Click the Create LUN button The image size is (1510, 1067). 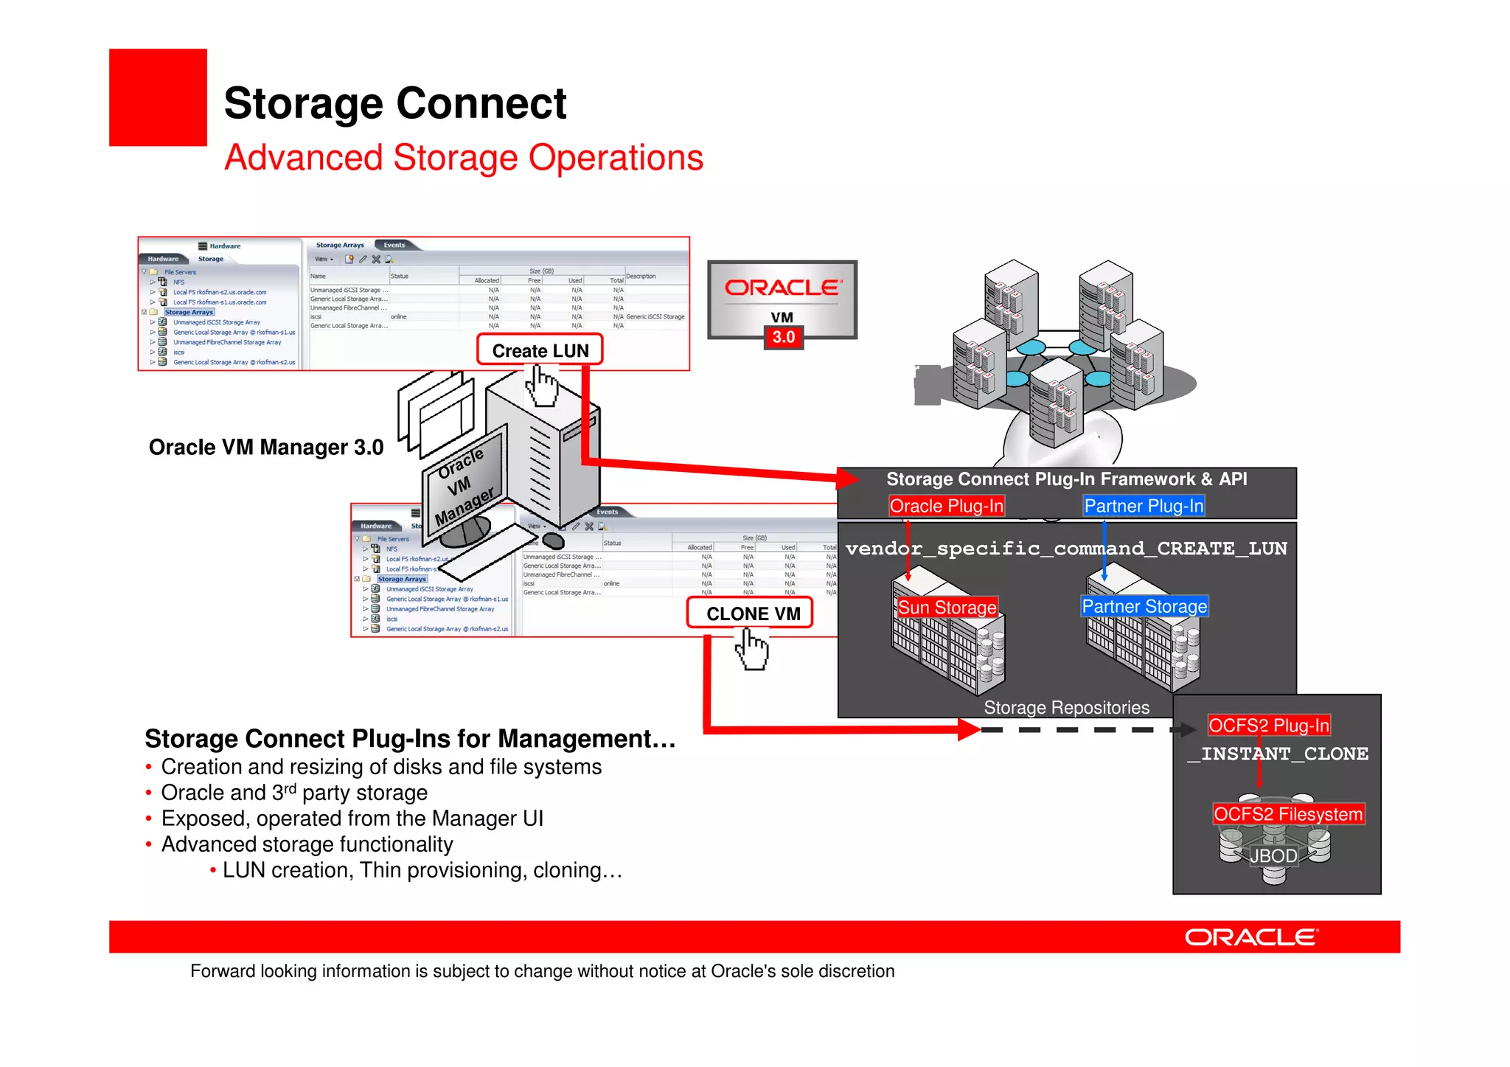(540, 350)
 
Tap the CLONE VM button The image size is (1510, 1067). (750, 614)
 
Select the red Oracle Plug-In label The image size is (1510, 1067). (946, 506)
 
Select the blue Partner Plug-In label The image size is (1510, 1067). (1143, 506)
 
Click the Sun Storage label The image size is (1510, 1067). (947, 608)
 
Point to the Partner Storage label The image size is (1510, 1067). (1144, 606)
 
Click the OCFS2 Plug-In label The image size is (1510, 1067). (1268, 726)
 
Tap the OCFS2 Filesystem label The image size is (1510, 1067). (1288, 814)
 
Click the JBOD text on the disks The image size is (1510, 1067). (1273, 856)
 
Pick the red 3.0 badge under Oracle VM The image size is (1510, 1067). (783, 338)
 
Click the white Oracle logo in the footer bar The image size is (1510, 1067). (1250, 937)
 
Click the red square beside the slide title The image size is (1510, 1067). (158, 97)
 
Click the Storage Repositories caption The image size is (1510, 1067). (1066, 708)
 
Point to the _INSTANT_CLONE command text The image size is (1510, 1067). (1277, 754)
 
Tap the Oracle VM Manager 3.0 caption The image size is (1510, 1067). (265, 448)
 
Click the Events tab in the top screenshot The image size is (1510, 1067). (394, 245)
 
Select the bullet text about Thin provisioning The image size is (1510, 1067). (422, 871)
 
